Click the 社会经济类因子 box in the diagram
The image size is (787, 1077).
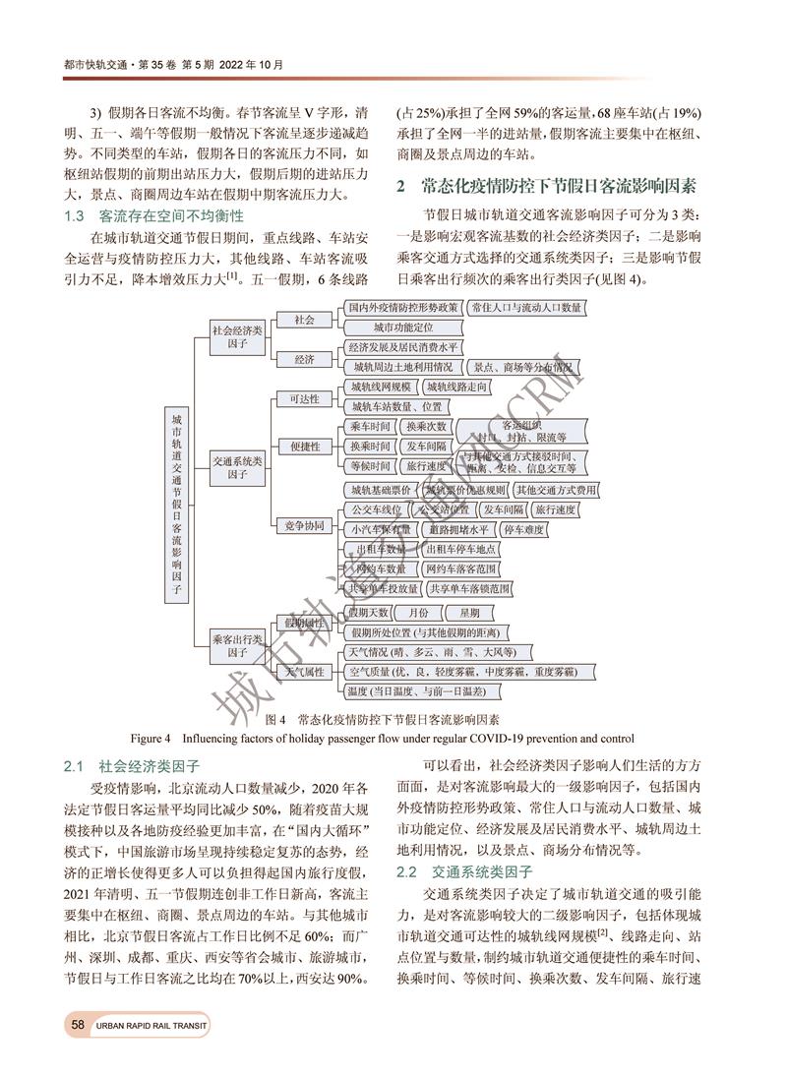237,338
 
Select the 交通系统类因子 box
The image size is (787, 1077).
237,467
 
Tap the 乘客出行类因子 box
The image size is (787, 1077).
237,645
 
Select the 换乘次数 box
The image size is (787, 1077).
426,427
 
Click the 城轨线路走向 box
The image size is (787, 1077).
457,388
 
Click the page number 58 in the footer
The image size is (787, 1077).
77,1026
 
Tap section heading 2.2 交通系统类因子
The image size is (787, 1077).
463,872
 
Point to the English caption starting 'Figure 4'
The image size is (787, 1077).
389,738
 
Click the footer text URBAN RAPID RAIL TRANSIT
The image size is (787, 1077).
152,1027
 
